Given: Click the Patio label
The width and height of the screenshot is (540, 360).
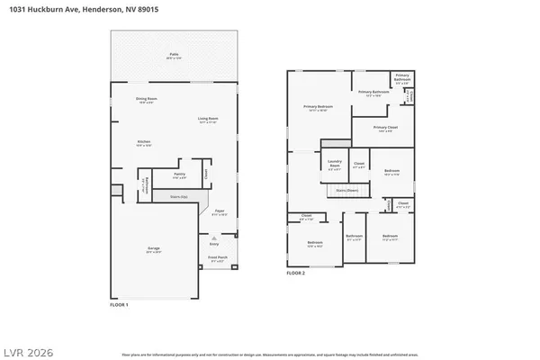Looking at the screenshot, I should [173, 55].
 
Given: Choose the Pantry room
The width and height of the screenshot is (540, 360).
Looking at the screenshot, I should [180, 176].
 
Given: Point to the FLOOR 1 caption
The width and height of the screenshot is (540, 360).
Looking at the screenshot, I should [119, 305].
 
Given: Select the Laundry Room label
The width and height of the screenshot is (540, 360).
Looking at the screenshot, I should [335, 165].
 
